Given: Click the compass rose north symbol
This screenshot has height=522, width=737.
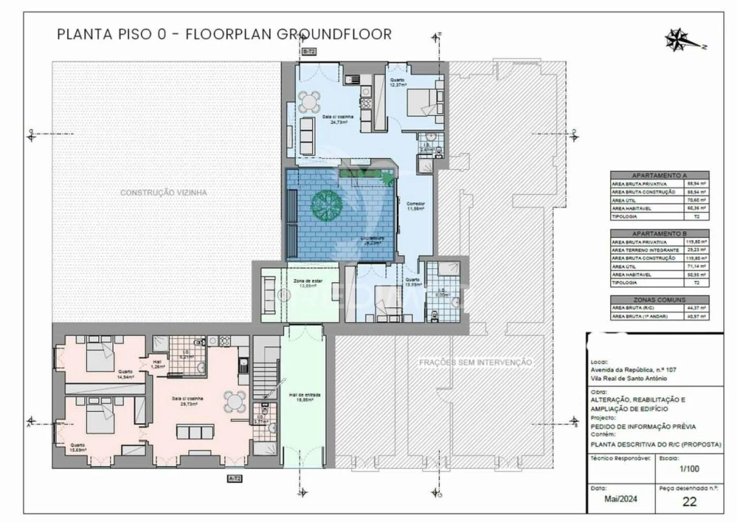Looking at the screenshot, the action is click(678, 39).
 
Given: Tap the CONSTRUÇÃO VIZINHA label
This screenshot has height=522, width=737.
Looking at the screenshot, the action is click(164, 193).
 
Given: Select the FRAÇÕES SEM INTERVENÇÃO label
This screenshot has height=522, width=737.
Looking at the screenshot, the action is click(475, 362).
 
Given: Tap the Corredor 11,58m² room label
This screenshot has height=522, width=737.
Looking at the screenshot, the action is click(416, 207).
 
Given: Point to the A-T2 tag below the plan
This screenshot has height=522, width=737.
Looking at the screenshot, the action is click(235, 478).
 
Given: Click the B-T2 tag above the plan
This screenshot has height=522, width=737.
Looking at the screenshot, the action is click(308, 51).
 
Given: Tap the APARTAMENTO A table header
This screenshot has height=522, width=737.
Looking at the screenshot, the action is click(659, 175).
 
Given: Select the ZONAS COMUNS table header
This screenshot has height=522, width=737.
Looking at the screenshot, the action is click(659, 299).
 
